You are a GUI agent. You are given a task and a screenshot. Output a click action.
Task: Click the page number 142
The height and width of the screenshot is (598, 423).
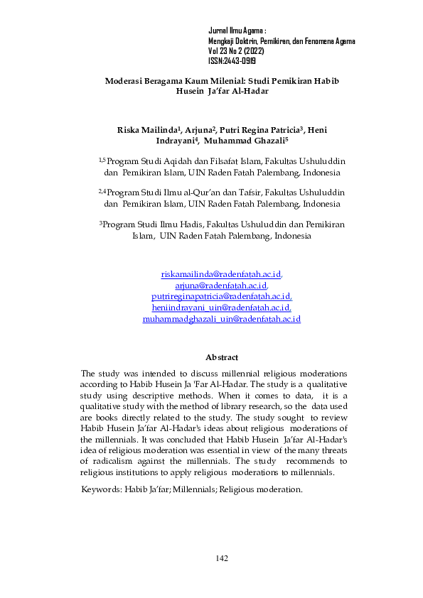click(x=222, y=558)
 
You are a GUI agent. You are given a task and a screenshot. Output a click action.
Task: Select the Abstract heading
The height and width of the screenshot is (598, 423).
click(x=221, y=357)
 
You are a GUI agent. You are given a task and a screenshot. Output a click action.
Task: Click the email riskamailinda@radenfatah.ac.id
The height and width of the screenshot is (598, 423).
click(x=222, y=273)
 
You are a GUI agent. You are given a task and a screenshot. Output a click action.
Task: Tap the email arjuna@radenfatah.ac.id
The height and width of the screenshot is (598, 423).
click(x=222, y=285)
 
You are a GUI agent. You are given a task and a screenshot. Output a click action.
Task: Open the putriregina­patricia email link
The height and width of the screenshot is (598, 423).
click(x=222, y=296)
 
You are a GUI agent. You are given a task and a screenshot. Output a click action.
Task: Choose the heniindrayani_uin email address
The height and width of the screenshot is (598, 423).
click(x=222, y=308)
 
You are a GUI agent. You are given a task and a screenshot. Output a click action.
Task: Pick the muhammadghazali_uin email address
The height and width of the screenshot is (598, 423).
click(x=222, y=319)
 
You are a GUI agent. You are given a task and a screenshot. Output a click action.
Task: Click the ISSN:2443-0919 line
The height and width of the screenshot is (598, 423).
click(x=232, y=62)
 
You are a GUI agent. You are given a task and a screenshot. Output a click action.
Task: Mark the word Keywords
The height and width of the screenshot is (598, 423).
click(x=100, y=490)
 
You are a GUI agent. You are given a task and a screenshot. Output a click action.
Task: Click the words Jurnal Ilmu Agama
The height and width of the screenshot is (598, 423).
click(x=235, y=32)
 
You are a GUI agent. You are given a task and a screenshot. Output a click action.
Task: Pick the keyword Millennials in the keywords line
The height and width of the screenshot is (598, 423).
click(x=193, y=490)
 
